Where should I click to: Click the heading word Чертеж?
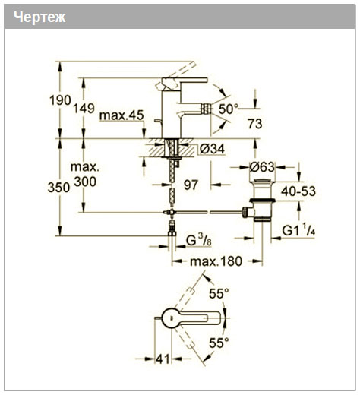pos(39,17)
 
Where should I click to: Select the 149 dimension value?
pos(84,109)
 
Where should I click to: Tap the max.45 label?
pos(122,115)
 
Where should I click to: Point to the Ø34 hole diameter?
pos(212,149)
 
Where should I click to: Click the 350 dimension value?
pos(58,188)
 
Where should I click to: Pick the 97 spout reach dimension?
pos(191,185)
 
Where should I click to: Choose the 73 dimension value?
pos(255,124)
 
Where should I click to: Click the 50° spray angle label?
pos(229,109)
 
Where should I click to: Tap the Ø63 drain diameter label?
pos(262,167)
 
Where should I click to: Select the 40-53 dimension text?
pos(298,191)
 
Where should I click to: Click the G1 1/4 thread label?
pos(298,230)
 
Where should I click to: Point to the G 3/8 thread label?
pos(198,240)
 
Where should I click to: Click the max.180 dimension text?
pos(216,261)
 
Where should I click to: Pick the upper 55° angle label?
pos(219,294)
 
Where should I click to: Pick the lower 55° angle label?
pos(219,343)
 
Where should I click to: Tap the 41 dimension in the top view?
pos(163,359)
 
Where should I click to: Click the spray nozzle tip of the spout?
pos(206,109)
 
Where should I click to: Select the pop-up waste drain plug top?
pos(262,181)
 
